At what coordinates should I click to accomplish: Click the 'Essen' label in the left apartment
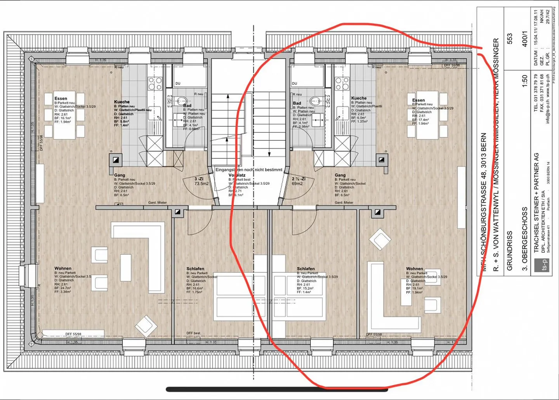tap(61, 98)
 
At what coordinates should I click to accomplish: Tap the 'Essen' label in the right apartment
tap(418, 100)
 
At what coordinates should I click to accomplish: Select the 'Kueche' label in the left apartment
tap(122, 102)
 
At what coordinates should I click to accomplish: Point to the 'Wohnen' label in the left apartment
tap(63, 268)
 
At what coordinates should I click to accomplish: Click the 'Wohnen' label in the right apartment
tap(415, 269)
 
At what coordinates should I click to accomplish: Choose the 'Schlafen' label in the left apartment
tap(195, 269)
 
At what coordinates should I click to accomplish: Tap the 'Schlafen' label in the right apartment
tap(306, 269)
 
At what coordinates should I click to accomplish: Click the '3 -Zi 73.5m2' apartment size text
tap(201, 181)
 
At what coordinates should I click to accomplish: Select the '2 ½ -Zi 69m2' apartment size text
tap(299, 181)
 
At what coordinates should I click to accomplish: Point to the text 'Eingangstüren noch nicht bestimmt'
tap(249, 170)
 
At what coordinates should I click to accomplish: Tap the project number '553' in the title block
tap(509, 38)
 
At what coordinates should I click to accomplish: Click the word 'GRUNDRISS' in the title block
tap(510, 251)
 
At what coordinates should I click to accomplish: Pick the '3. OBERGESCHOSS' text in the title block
tap(525, 239)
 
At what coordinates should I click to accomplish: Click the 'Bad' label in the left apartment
tap(187, 105)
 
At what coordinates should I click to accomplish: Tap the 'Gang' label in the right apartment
tap(340, 175)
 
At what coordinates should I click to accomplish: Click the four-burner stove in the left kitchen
tap(155, 84)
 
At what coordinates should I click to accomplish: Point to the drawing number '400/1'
tap(524, 38)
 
